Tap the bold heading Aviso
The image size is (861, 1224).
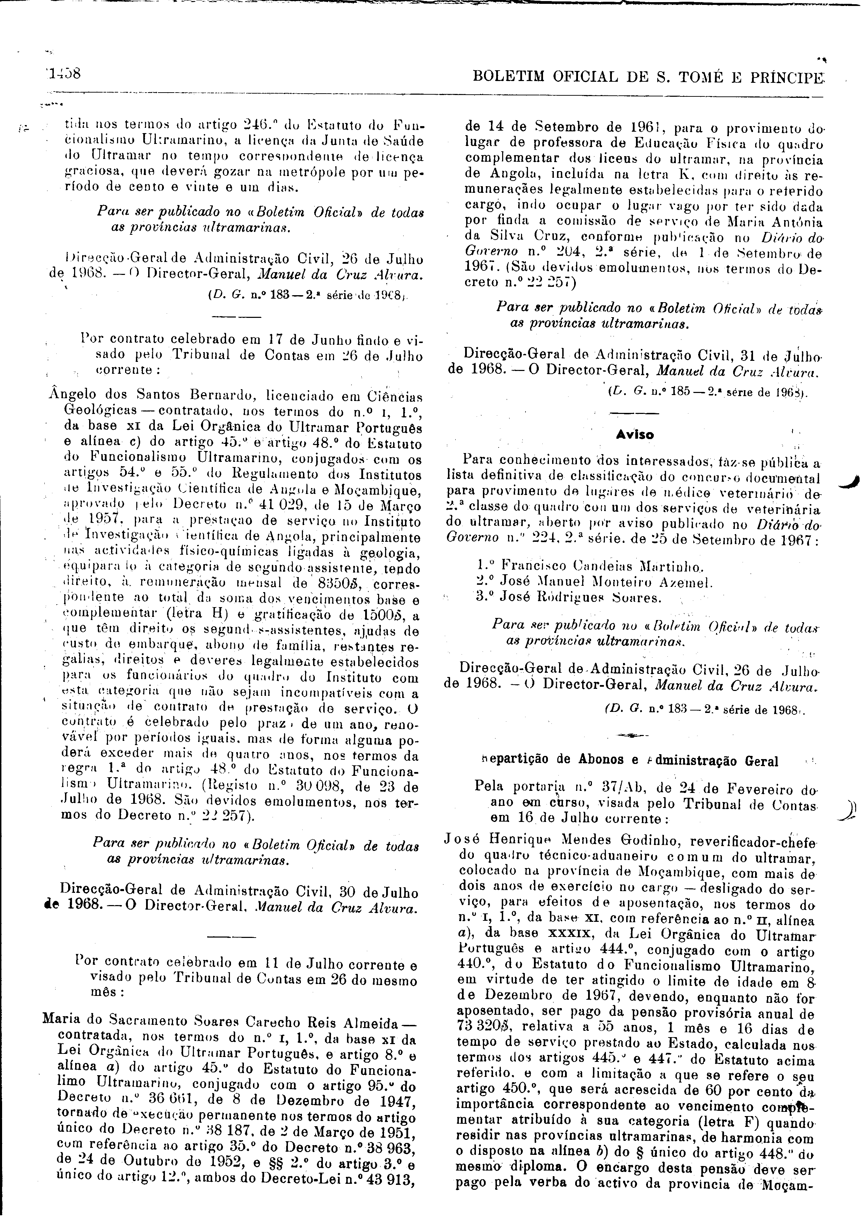(x=635, y=435)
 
